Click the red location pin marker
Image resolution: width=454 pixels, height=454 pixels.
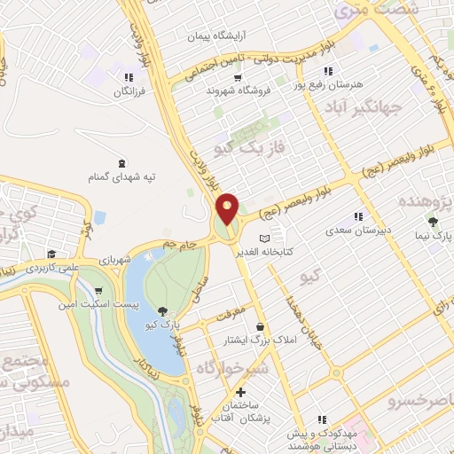pyautogui.click(x=228, y=208)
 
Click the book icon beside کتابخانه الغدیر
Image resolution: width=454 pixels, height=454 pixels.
pyautogui.click(x=262, y=239)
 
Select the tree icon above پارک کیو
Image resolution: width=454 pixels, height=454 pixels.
pyautogui.click(x=162, y=309)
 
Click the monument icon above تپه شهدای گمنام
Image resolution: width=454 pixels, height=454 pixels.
pyautogui.click(x=121, y=162)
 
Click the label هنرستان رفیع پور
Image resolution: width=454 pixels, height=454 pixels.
pyautogui.click(x=333, y=83)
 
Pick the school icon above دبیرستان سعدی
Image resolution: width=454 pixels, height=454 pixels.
pyautogui.click(x=358, y=215)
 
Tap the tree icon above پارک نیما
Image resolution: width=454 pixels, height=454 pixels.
pyautogui.click(x=433, y=222)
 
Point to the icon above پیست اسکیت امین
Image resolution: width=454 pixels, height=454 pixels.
pyautogui.click(x=96, y=291)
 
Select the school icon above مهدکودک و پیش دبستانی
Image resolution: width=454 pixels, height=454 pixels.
pyautogui.click(x=321, y=419)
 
